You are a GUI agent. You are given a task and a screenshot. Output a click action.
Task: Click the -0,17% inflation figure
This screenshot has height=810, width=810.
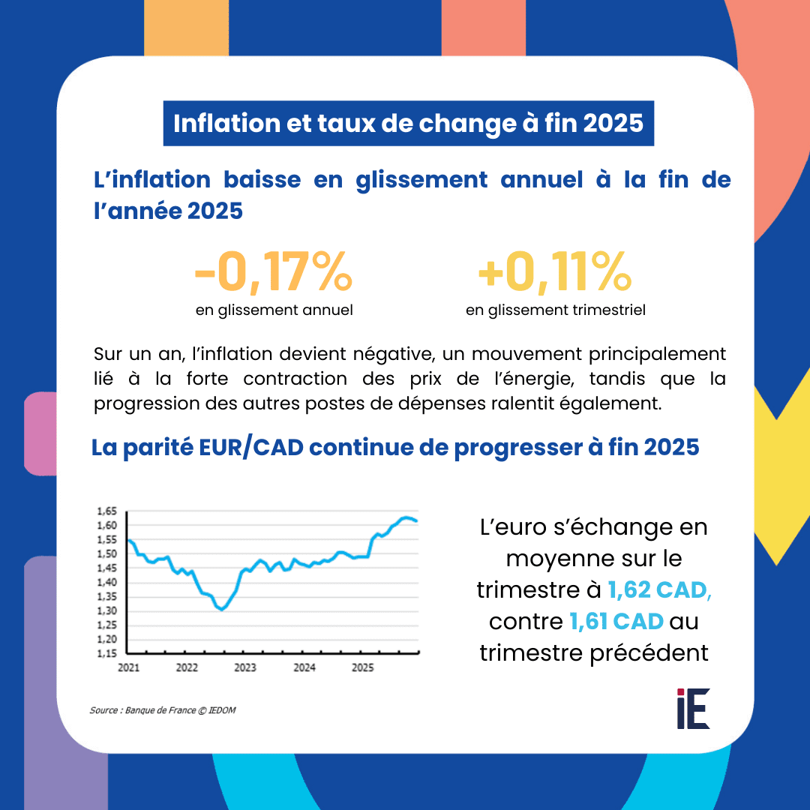(273, 273)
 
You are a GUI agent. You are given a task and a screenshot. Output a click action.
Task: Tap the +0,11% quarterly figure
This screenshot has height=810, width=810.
(555, 273)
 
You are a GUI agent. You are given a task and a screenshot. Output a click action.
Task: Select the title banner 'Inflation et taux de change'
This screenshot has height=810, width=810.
(408, 123)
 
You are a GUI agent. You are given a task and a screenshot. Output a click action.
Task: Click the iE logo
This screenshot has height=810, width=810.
(693, 708)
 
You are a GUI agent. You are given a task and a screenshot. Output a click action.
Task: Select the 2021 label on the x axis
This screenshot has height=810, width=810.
(128, 667)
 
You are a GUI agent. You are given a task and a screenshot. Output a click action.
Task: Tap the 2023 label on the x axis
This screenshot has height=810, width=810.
(245, 667)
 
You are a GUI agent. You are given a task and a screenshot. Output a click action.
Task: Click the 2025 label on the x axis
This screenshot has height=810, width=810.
(363, 667)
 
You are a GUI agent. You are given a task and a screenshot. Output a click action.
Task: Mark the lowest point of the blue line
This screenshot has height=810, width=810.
(221, 610)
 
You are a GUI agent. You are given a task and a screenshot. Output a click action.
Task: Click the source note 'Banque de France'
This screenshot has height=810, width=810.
(157, 709)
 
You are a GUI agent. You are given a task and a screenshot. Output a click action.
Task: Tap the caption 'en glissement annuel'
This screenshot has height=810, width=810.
(274, 310)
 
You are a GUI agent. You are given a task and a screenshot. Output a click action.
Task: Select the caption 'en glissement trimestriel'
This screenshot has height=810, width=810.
(555, 310)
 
